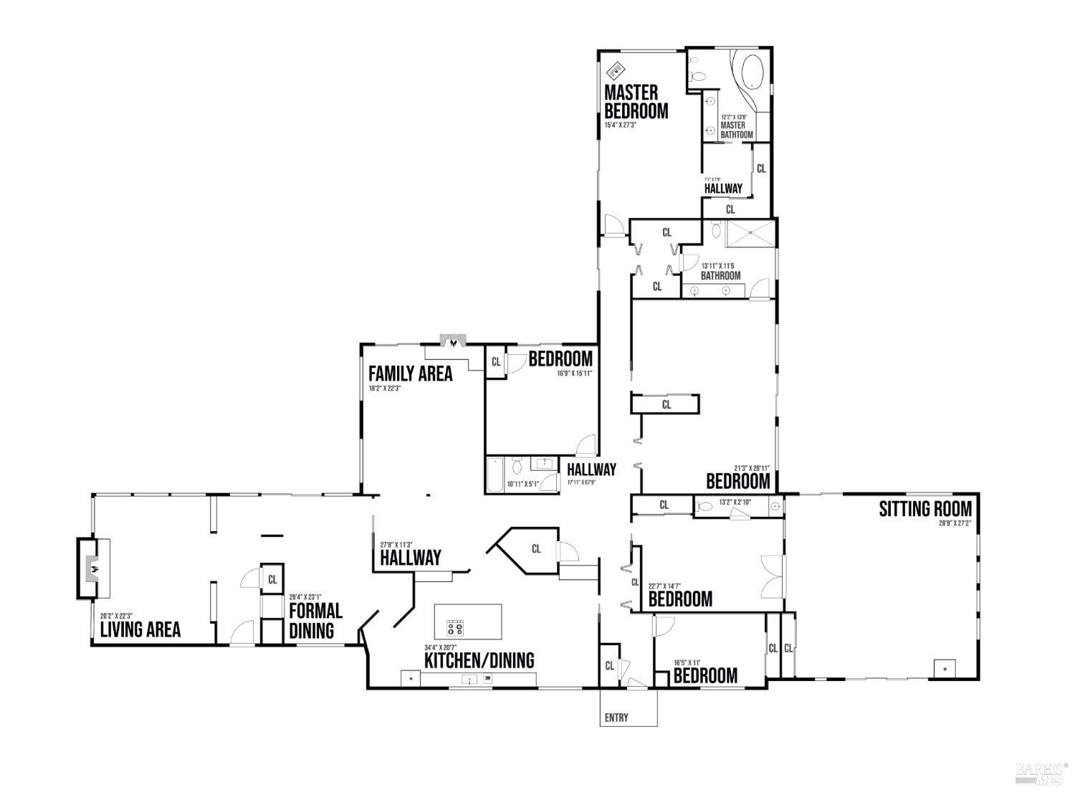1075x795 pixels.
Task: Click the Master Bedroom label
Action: [636, 102]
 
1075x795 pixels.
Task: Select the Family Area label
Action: [410, 373]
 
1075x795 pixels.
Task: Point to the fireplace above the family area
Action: [452, 342]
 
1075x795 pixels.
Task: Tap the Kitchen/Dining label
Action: [479, 660]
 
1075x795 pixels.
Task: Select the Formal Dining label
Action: [315, 620]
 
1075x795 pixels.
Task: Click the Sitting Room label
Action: [925, 509]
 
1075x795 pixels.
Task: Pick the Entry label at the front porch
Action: [617, 718]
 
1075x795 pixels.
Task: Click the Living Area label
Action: [140, 629]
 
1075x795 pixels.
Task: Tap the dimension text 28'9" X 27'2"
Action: [955, 523]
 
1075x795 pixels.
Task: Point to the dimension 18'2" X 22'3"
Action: [385, 389]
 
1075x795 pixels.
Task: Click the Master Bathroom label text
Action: [736, 130]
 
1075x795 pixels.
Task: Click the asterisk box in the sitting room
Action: [945, 669]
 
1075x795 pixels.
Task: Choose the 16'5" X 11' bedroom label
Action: [705, 675]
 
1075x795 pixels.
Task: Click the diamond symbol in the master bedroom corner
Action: [615, 70]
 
